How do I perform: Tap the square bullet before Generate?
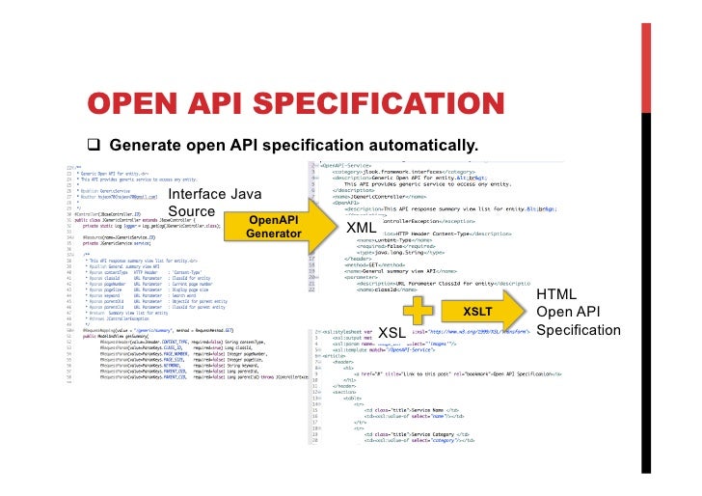(94, 145)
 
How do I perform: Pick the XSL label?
(392, 332)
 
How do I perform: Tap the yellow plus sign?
(416, 312)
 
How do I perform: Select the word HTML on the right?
(556, 294)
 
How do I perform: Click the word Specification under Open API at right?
(578, 330)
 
